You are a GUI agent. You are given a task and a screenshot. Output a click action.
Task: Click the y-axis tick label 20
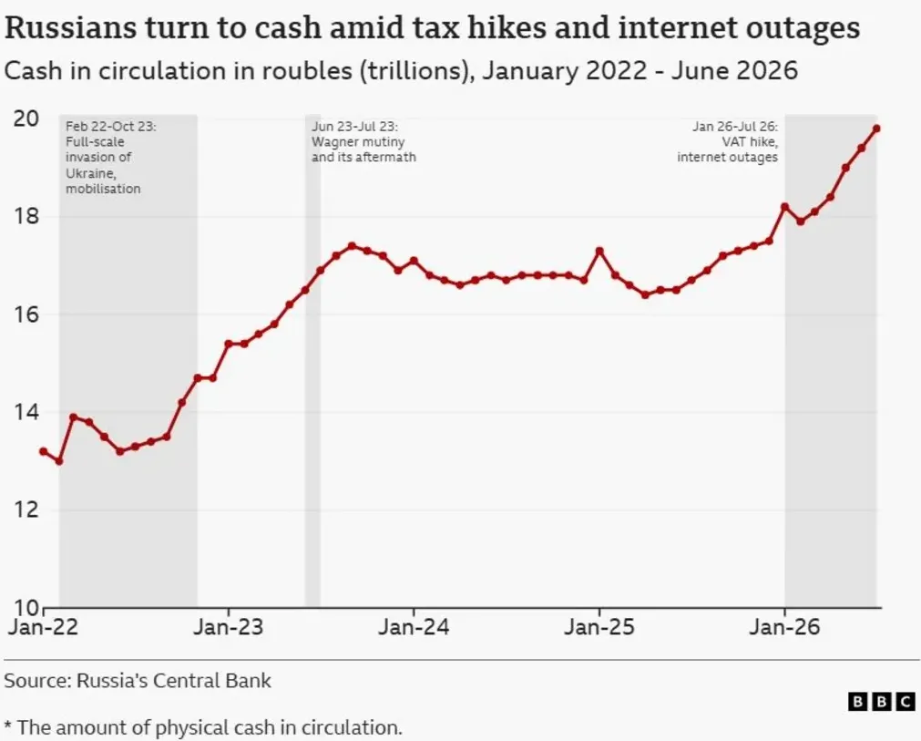point(26,118)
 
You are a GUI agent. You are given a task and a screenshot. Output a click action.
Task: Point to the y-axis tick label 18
point(26,216)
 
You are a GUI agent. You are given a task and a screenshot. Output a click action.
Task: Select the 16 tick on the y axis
point(26,314)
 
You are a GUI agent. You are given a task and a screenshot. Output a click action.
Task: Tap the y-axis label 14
point(26,413)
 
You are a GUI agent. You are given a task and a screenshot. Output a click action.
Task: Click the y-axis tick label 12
point(26,509)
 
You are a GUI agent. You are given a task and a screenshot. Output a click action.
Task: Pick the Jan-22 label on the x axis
point(43,627)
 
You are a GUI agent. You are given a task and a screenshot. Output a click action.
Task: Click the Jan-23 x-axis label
point(229,627)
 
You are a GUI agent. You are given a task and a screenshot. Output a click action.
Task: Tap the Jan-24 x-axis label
point(414,627)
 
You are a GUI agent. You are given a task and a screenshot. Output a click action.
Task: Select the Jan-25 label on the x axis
point(599,627)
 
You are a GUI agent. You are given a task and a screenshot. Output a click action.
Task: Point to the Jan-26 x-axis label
point(784,627)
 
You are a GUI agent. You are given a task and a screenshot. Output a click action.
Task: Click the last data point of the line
point(876,129)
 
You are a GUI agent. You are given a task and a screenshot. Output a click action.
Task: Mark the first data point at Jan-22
point(43,451)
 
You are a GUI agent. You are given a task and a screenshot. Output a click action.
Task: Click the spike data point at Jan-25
point(599,251)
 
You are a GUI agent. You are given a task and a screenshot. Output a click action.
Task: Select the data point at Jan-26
point(784,207)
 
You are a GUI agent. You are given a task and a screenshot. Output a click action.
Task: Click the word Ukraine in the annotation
point(90,173)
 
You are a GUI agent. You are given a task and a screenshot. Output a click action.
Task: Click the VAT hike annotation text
point(750,141)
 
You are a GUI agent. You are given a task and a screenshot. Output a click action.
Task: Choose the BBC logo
point(882,702)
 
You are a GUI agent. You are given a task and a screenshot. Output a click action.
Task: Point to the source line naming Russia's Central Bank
point(138,681)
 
